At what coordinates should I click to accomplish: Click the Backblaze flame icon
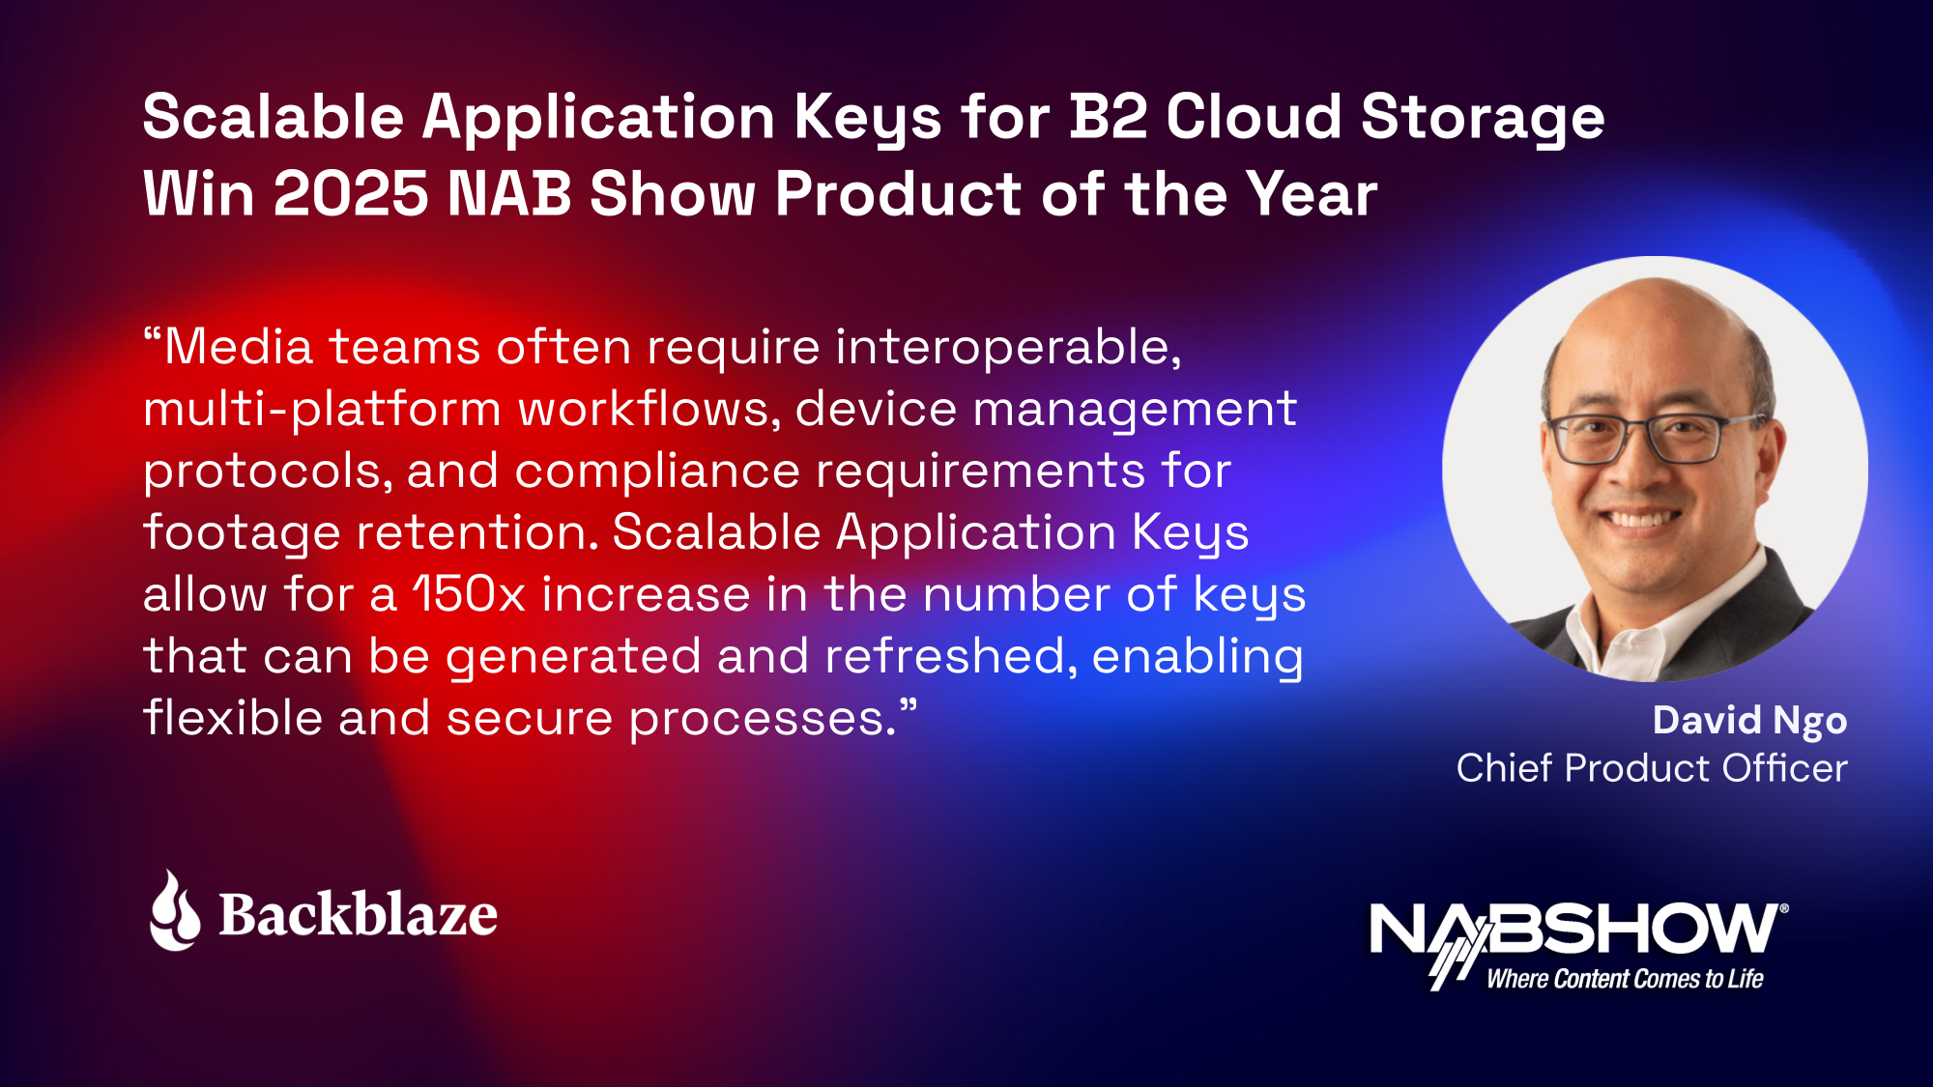click(x=175, y=911)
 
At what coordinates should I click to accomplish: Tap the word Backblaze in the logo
click(x=359, y=914)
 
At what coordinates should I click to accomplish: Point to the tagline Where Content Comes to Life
click(x=1625, y=979)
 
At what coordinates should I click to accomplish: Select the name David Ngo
click(x=1749, y=721)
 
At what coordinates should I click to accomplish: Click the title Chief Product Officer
click(x=1652, y=768)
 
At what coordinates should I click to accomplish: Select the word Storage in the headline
click(x=1483, y=120)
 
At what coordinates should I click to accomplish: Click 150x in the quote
click(x=469, y=593)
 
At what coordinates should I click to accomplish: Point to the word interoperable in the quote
click(x=1008, y=348)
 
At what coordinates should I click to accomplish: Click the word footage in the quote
click(x=242, y=533)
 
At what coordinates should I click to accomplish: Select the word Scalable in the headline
click(x=274, y=117)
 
